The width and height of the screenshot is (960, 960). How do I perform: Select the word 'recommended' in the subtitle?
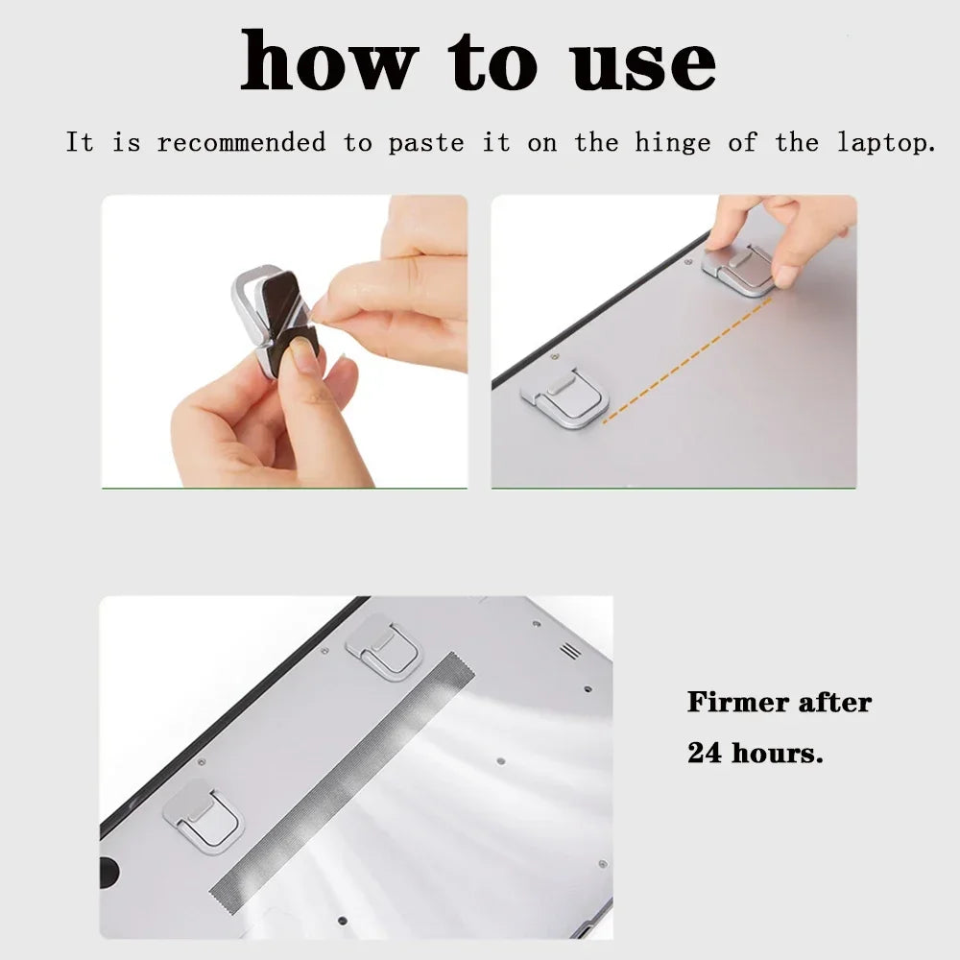(x=241, y=143)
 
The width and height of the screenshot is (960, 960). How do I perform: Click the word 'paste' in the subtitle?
(x=426, y=144)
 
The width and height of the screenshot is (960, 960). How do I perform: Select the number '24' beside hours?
(x=705, y=753)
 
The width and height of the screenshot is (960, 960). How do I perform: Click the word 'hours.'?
(x=778, y=753)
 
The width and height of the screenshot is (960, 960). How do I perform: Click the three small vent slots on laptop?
(x=570, y=651)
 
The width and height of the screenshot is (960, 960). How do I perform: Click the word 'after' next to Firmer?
(x=830, y=702)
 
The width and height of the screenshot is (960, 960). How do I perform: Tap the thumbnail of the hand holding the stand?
(x=284, y=342)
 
